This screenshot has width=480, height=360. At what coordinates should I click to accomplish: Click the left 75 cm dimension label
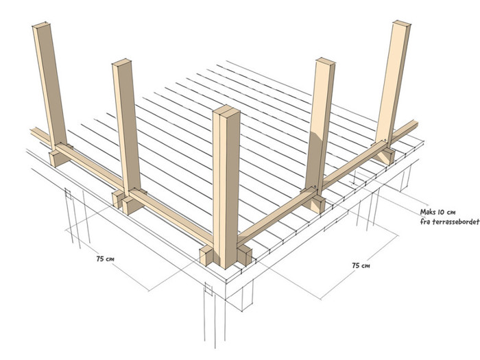pos(105,259)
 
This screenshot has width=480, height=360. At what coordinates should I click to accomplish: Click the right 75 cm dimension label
pos(361,265)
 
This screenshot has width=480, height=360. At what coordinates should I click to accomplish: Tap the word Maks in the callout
pos(428,212)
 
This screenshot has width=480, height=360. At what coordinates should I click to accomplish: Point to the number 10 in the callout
pos(442,212)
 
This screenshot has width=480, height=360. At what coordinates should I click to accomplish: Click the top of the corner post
pos(226,111)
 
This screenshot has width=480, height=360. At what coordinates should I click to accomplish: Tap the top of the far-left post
pos(41,26)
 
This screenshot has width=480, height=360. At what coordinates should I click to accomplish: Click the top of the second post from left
pos(121,62)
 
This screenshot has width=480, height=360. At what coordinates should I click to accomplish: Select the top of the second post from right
pos(326,62)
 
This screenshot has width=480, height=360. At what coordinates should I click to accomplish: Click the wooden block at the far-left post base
pos(60,156)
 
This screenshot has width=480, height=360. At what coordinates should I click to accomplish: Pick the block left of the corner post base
pos(206,255)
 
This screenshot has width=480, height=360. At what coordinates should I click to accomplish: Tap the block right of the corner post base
pos(245,254)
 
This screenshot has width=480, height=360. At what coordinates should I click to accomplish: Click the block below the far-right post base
pos(384,156)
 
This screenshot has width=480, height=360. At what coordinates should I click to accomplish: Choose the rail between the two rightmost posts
pos(352,165)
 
